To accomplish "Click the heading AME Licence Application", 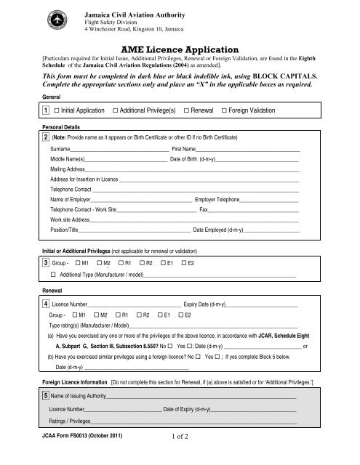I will coord(180,44).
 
